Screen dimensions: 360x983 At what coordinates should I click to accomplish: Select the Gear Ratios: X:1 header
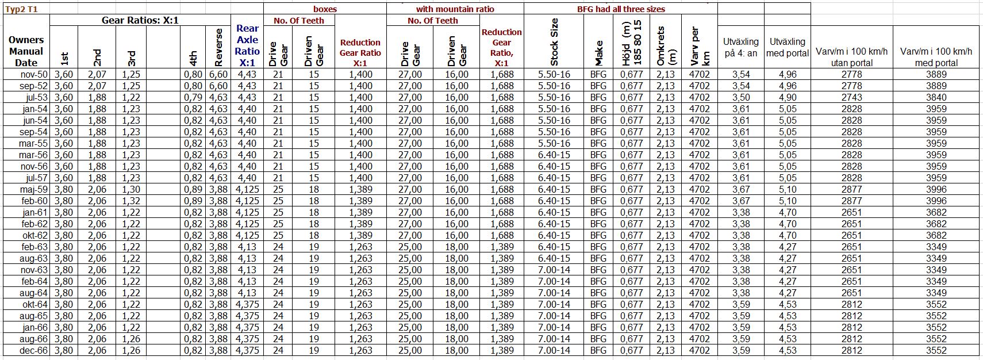[140, 20]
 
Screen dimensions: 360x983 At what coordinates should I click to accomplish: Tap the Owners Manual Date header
[26, 51]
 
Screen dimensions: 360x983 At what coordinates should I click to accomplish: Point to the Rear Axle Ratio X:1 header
[247, 45]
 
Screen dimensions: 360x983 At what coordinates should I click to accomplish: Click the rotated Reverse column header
[218, 47]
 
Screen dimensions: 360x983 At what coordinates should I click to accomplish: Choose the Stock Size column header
[554, 42]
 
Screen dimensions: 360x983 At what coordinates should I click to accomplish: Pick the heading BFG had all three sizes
[621, 9]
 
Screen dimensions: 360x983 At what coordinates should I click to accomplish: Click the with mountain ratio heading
[455, 9]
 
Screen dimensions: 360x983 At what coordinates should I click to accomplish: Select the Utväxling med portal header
[787, 47]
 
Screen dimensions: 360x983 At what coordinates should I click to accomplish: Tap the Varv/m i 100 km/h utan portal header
[851, 57]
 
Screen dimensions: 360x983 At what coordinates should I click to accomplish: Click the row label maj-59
[34, 189]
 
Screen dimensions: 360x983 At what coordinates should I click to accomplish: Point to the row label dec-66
[34, 350]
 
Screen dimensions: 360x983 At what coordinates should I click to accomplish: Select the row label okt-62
[34, 235]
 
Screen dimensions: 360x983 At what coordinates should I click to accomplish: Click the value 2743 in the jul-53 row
[851, 97]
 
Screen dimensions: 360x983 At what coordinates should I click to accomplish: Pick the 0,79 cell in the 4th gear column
[193, 97]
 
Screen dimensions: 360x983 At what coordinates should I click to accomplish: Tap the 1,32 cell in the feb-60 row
[131, 201]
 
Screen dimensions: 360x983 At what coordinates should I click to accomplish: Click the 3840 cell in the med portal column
[936, 97]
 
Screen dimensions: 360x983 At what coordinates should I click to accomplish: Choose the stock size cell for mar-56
[554, 155]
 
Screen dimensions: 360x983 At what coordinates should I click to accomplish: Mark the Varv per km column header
[699, 46]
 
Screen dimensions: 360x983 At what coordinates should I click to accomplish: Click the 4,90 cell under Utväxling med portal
[788, 97]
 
